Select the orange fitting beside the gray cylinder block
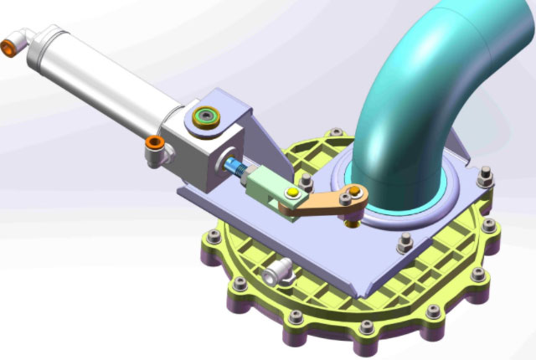(154, 148)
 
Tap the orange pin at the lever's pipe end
(355, 193)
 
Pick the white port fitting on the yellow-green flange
(275, 272)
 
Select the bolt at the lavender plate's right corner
(484, 177)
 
